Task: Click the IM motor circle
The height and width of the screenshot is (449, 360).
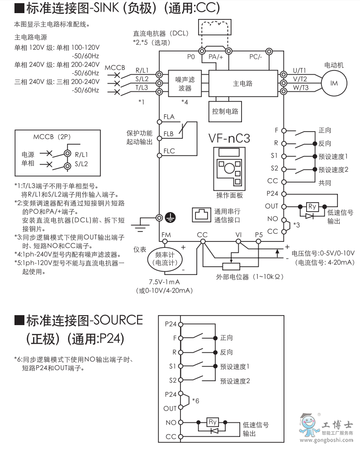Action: [x=334, y=83]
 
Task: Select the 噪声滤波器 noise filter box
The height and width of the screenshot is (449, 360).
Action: [x=185, y=84]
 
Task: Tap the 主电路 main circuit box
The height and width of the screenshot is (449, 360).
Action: [x=242, y=83]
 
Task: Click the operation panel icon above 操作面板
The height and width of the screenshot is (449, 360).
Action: [x=229, y=166]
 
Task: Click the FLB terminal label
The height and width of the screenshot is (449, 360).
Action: [x=169, y=134]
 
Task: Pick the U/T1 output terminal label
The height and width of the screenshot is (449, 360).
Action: [x=299, y=70]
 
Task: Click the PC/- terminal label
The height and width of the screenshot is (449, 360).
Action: [x=256, y=57]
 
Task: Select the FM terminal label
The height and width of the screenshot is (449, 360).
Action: [x=166, y=235]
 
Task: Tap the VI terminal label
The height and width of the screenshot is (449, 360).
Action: [x=239, y=235]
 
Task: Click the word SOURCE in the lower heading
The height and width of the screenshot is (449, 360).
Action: [x=118, y=321]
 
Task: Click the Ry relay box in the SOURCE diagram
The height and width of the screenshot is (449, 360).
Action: [x=213, y=422]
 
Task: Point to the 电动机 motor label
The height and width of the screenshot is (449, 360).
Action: [x=334, y=65]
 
